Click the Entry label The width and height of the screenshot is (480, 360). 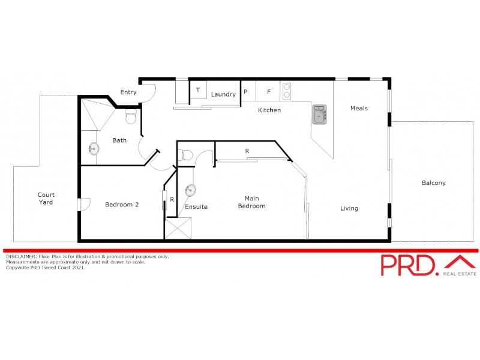pos(128,92)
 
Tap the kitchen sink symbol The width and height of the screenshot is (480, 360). pos(319,114)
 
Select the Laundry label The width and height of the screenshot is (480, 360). pos(223,95)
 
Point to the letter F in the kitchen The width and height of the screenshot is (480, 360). pos(269,92)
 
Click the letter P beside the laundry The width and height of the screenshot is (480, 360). pos(245,92)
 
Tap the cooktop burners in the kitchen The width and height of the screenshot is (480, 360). pos(286,91)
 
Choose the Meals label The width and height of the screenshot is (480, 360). pos(359,109)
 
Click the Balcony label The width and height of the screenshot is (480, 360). pos(434,183)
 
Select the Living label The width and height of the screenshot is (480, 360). pos(349,209)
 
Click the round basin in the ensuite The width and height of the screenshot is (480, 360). pos(191,190)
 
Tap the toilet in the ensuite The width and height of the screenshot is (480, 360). pos(187,155)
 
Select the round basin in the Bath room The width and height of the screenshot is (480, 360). pos(94,148)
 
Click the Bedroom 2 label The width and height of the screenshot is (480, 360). pos(122,205)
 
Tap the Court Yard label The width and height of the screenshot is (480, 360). pos(46,199)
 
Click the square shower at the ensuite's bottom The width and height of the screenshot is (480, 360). pos(179,229)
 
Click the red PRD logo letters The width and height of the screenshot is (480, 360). pos(410,265)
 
